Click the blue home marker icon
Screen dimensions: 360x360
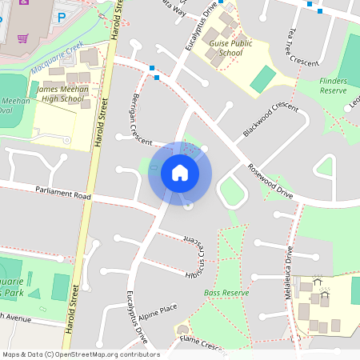180,173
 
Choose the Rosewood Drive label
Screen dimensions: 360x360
270,180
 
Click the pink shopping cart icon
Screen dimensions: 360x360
24,38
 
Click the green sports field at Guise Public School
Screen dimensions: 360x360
262,79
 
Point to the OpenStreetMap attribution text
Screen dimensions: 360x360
81,354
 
